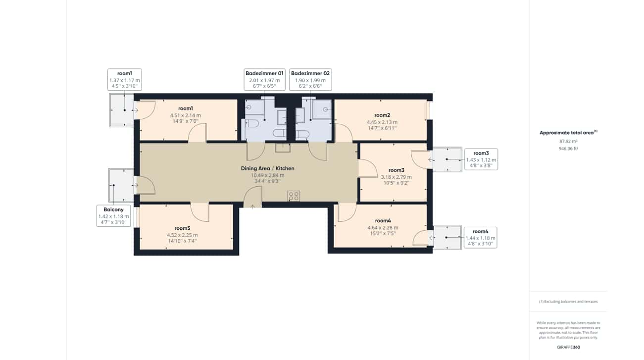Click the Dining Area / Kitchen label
point(267,168)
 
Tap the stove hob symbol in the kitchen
point(294,196)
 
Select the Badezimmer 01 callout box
point(264,80)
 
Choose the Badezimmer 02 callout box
point(310,80)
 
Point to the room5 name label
point(182,228)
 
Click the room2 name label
point(382,115)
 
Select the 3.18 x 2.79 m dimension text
point(396,177)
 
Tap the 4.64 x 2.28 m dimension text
point(383,227)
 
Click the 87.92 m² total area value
point(568,141)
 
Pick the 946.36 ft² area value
point(568,148)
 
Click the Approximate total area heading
point(568,132)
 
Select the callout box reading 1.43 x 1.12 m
point(481,159)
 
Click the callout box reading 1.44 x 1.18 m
point(480,238)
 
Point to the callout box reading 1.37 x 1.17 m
point(124,80)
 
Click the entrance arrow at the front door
point(252,206)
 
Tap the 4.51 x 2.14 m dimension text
point(185,115)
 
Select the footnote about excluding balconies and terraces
point(568,302)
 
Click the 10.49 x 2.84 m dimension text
point(267,175)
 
